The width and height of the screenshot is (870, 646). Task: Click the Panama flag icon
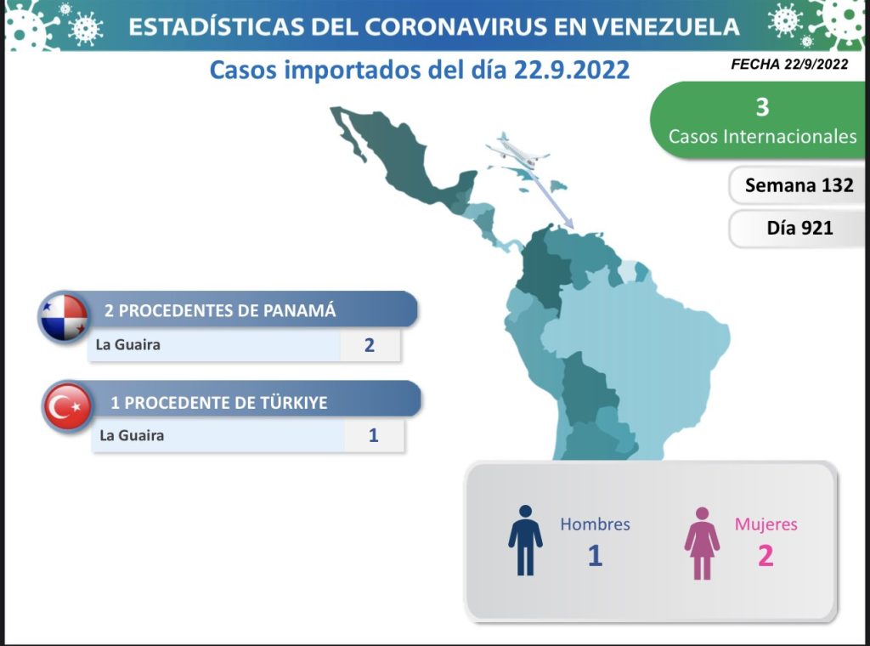(x=64, y=317)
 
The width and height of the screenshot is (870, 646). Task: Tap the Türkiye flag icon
(x=68, y=406)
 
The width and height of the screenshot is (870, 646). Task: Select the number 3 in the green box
(x=762, y=107)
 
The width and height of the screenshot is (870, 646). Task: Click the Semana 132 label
(x=799, y=184)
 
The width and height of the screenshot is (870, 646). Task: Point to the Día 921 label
(x=799, y=228)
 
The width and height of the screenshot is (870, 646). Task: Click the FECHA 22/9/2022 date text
(x=789, y=65)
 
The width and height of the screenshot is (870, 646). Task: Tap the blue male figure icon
(x=525, y=540)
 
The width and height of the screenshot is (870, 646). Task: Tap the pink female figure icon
(x=702, y=543)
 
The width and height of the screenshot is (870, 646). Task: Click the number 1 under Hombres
(x=595, y=556)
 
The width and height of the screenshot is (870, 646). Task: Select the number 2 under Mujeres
(x=765, y=556)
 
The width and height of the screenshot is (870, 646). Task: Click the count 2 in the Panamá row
(x=370, y=345)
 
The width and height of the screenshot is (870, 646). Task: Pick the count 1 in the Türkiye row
(x=374, y=435)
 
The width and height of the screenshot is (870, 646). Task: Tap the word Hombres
(x=595, y=524)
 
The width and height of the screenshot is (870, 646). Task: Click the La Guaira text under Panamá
(x=128, y=344)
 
